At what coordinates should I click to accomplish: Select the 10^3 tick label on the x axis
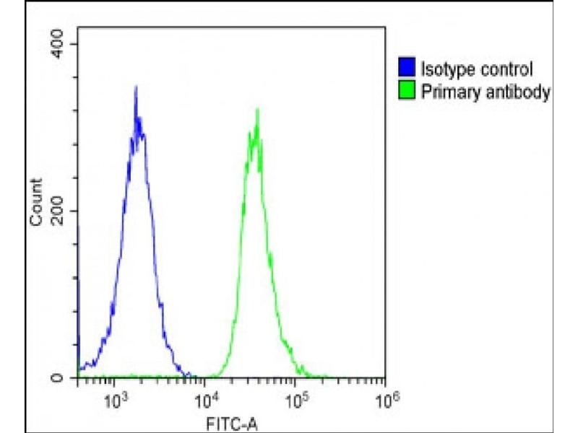(x=116, y=398)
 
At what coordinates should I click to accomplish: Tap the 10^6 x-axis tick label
(x=388, y=398)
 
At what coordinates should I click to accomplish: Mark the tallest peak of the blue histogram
(x=135, y=87)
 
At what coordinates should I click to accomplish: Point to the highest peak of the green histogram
(x=256, y=110)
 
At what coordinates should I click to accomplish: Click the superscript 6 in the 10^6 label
(x=394, y=393)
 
